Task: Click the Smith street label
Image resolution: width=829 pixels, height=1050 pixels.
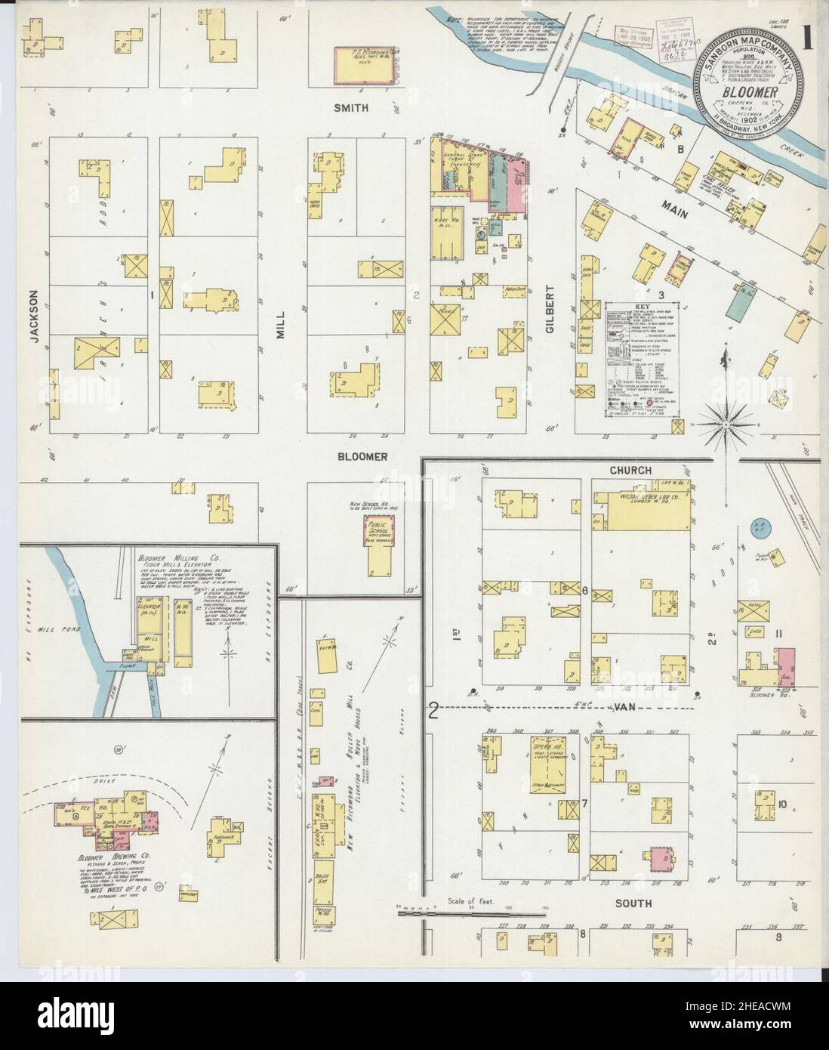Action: [x=351, y=108]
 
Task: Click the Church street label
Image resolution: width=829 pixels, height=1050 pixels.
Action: [x=631, y=470]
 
